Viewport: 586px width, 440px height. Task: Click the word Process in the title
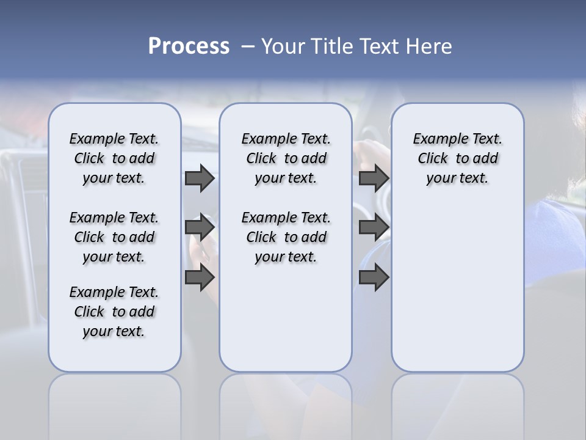pos(189,46)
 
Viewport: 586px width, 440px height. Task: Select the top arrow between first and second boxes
pos(200,178)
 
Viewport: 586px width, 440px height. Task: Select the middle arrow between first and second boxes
pos(200,227)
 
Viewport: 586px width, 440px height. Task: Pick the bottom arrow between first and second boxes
pos(200,277)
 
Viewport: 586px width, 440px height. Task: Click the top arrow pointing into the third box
pos(374,178)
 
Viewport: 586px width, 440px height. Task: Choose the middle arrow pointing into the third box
pos(374,227)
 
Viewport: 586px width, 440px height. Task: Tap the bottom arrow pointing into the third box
pos(374,277)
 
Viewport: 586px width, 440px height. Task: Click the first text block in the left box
pos(114,158)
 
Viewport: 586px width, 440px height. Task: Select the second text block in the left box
pos(114,237)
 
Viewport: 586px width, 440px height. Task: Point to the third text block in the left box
pos(114,312)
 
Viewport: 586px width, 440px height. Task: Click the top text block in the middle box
pos(286,158)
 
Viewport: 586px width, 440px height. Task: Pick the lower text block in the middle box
pos(286,237)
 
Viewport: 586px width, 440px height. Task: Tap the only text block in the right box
pos(457,158)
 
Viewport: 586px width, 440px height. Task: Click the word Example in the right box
pos(436,139)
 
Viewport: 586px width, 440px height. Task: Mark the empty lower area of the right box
pos(457,281)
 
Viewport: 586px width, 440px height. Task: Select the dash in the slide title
pos(247,46)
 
